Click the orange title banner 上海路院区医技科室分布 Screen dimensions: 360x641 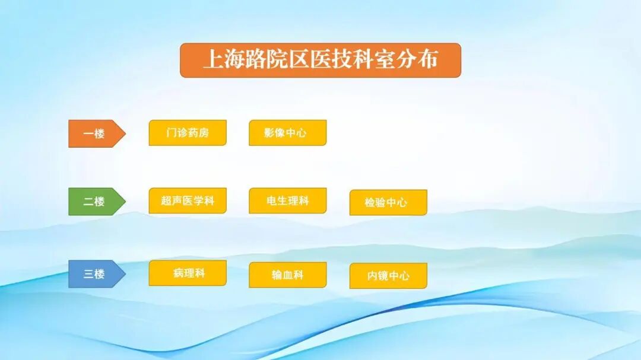tap(320, 60)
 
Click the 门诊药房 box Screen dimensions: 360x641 tap(188, 133)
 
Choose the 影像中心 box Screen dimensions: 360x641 tap(287, 133)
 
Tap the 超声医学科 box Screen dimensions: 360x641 tap(188, 200)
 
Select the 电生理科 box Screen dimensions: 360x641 tap(287, 200)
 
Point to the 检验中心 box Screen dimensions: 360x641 tap(388, 202)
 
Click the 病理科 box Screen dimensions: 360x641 tap(188, 273)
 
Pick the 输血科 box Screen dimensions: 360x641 tap(287, 275)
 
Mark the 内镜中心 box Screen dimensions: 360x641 tap(388, 276)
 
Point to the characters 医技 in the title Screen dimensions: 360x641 tap(331, 60)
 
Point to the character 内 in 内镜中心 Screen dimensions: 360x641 tap(373, 276)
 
